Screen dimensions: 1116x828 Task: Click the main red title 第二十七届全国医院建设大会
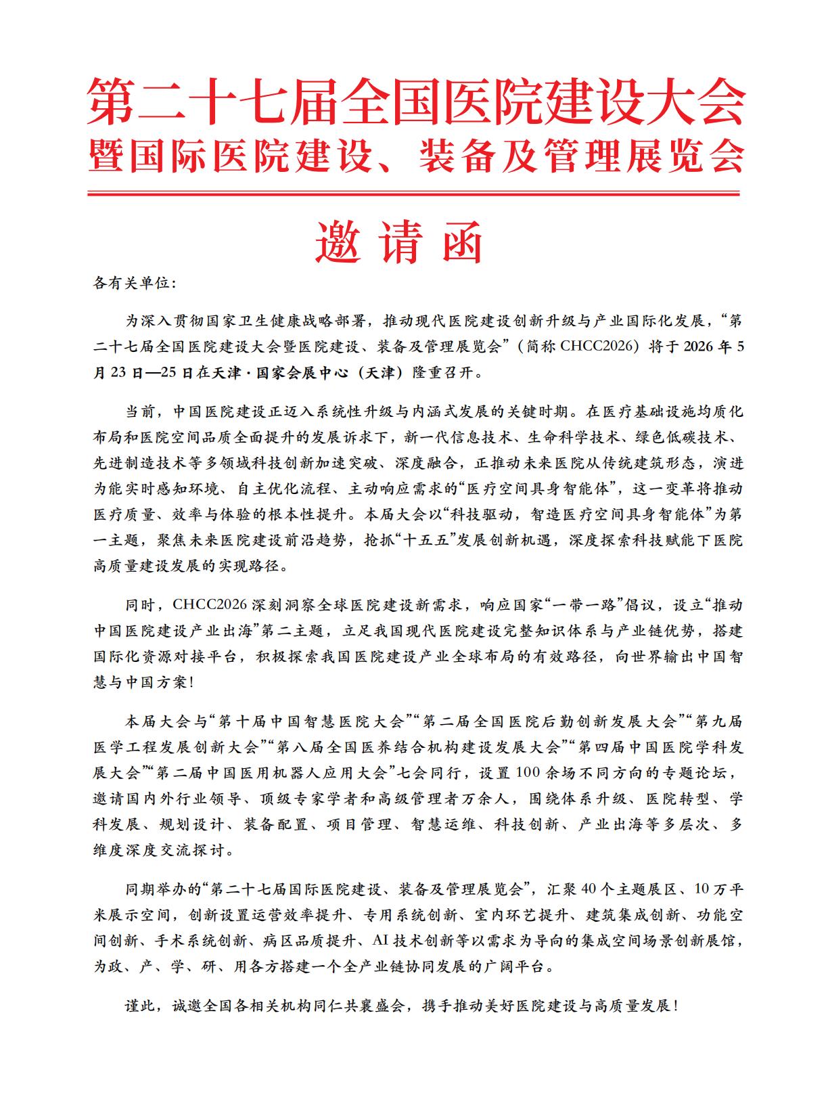[x=414, y=102]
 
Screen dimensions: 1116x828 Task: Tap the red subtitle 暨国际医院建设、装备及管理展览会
[x=414, y=157]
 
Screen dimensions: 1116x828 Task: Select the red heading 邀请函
[x=398, y=242]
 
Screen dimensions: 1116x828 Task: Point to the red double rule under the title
[x=414, y=194]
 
